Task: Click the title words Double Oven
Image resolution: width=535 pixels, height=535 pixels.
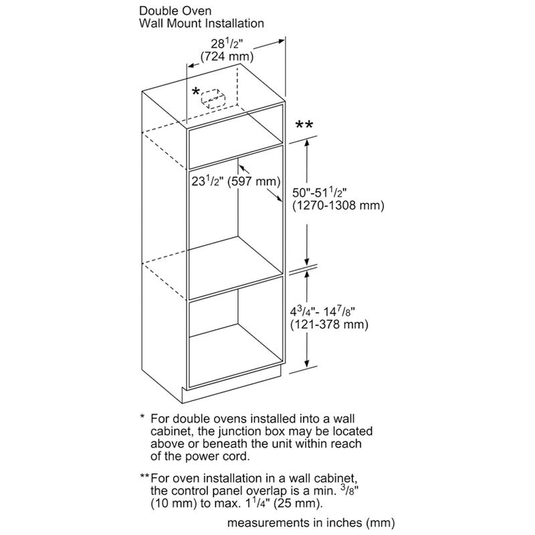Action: [x=176, y=11]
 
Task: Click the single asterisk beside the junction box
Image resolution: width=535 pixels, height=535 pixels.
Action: [x=195, y=91]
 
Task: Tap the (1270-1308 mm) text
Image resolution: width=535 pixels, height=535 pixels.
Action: [x=338, y=206]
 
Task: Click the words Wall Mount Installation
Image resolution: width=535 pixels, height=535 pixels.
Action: [x=201, y=23]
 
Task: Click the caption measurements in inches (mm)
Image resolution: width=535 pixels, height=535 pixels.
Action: [x=312, y=521]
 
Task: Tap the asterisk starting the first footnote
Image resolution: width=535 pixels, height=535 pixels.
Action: [x=142, y=417]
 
